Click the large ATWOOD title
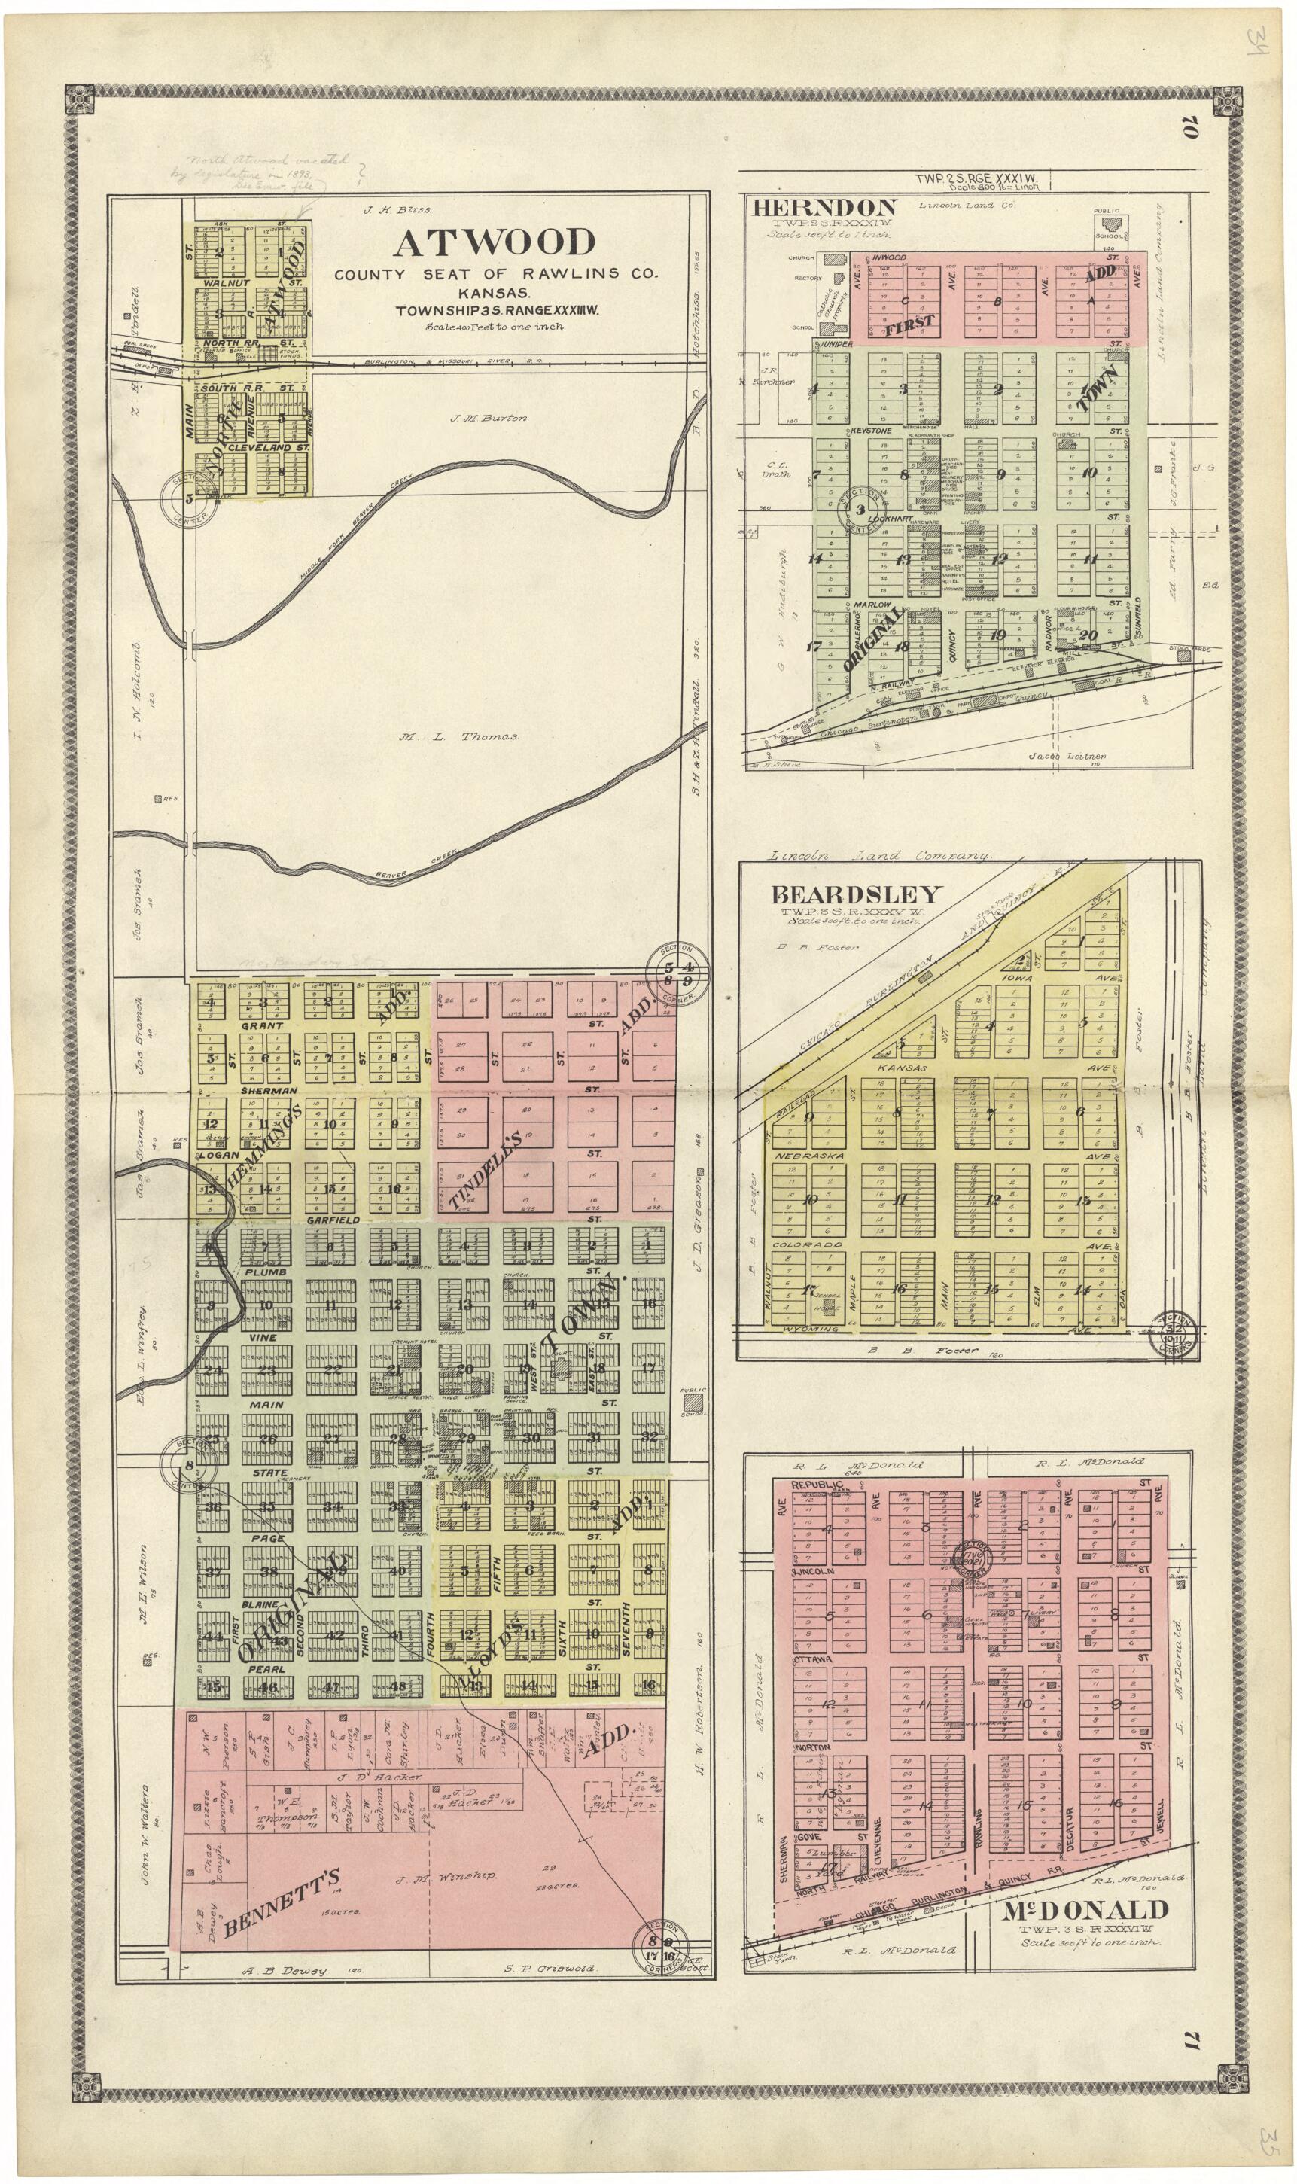click(494, 243)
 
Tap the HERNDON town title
click(824, 208)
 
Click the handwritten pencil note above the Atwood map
click(262, 173)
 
